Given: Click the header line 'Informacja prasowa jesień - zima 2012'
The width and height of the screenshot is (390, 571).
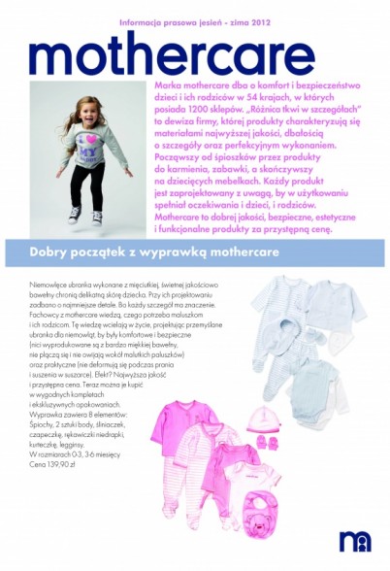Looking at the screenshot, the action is click(194, 20).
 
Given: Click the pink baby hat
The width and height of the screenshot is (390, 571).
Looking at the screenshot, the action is click(265, 420).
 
